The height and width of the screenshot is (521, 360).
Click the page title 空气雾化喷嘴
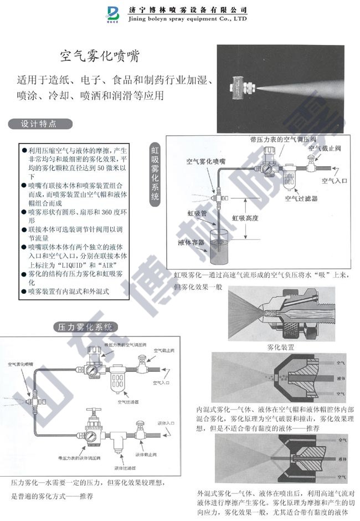99,57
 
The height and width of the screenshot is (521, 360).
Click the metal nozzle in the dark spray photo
242,88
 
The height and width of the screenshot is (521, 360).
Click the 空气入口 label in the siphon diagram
334,181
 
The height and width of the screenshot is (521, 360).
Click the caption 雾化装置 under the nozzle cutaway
280,347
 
